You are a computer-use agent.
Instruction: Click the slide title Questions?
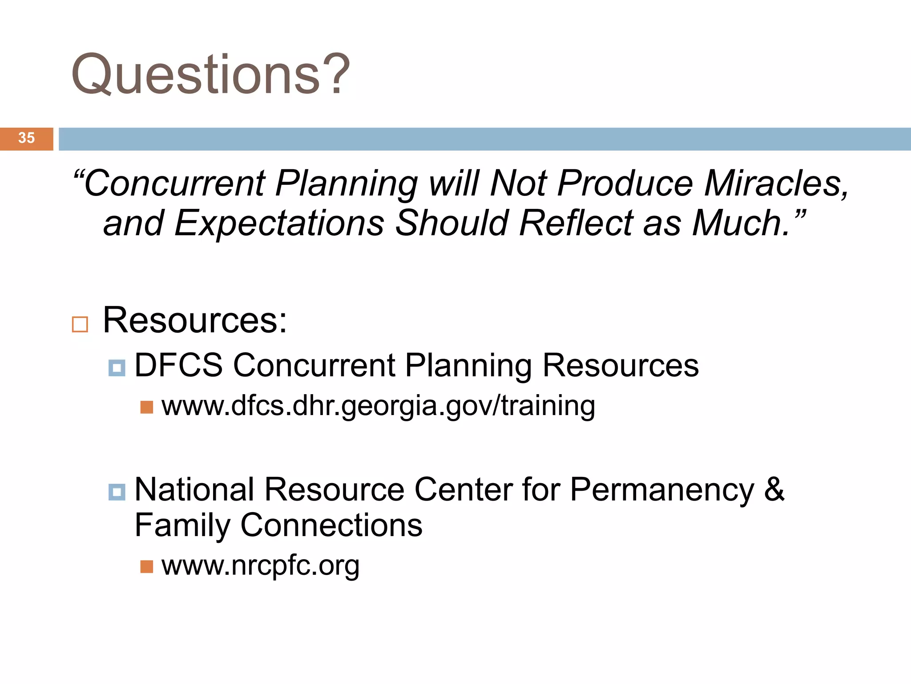pyautogui.click(x=210, y=75)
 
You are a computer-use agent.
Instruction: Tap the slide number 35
pyautogui.click(x=26, y=138)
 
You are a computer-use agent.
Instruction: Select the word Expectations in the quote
pyautogui.click(x=279, y=224)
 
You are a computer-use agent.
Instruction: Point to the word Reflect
pyautogui.click(x=576, y=223)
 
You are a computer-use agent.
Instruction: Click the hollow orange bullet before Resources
pyautogui.click(x=80, y=324)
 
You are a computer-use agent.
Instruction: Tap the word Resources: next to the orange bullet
pyautogui.click(x=195, y=321)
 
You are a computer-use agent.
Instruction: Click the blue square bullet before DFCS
pyautogui.click(x=117, y=368)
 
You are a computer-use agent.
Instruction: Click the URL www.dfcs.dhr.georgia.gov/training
pyautogui.click(x=378, y=406)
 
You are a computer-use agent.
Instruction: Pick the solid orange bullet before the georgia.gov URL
pyautogui.click(x=146, y=407)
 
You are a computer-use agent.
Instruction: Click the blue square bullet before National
pyautogui.click(x=117, y=492)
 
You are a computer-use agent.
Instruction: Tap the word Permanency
pyautogui.click(x=662, y=490)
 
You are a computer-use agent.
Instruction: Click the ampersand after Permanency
pyautogui.click(x=774, y=489)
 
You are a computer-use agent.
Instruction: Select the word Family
pyautogui.click(x=182, y=525)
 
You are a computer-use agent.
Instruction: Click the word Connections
pyautogui.click(x=331, y=525)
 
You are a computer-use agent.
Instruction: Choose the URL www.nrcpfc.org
pyautogui.click(x=260, y=566)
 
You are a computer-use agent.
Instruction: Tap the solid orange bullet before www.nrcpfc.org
pyautogui.click(x=146, y=566)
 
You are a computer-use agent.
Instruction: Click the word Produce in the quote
pyautogui.click(x=625, y=183)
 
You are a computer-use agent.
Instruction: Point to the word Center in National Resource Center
pyautogui.click(x=464, y=490)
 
